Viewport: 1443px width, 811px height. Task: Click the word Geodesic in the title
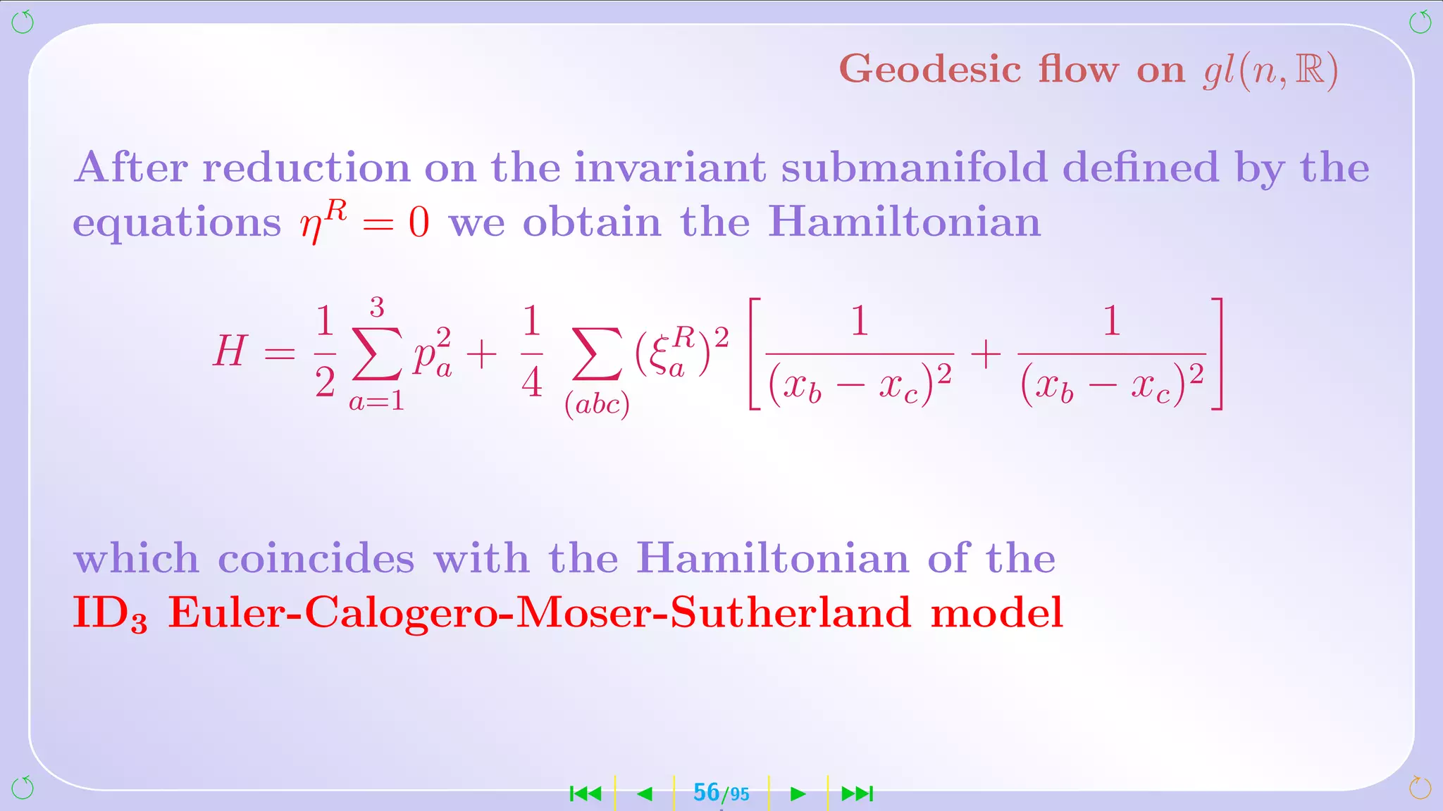[x=930, y=70]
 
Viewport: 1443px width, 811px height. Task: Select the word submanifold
[x=914, y=168]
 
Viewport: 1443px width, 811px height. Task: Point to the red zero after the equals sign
[x=419, y=223]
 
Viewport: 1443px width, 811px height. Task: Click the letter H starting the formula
[x=230, y=351]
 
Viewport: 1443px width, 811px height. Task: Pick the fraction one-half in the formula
[x=324, y=352]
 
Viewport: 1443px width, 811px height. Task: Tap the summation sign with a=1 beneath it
[x=376, y=354]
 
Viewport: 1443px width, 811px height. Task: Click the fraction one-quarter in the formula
[x=532, y=352]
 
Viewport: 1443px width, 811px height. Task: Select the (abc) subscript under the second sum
[x=597, y=405]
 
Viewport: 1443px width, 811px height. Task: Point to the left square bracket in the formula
[x=754, y=353]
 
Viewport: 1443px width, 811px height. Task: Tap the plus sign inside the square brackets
[x=986, y=354]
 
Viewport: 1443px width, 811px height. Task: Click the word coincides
[x=316, y=559]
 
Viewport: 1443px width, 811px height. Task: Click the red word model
[x=996, y=612]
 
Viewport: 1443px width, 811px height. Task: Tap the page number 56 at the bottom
[x=706, y=793]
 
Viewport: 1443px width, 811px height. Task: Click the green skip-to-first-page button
[x=586, y=794]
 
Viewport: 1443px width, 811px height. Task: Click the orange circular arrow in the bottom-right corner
[x=1420, y=788]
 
